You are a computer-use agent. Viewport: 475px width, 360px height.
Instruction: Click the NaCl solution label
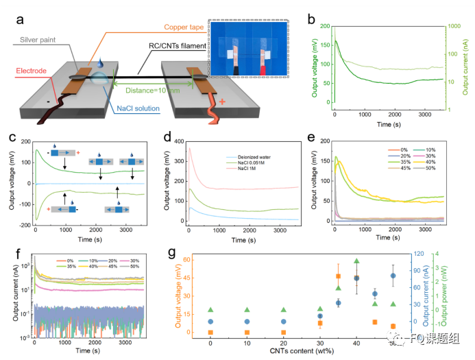138,108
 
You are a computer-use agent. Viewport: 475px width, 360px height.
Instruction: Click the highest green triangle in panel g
356,261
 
